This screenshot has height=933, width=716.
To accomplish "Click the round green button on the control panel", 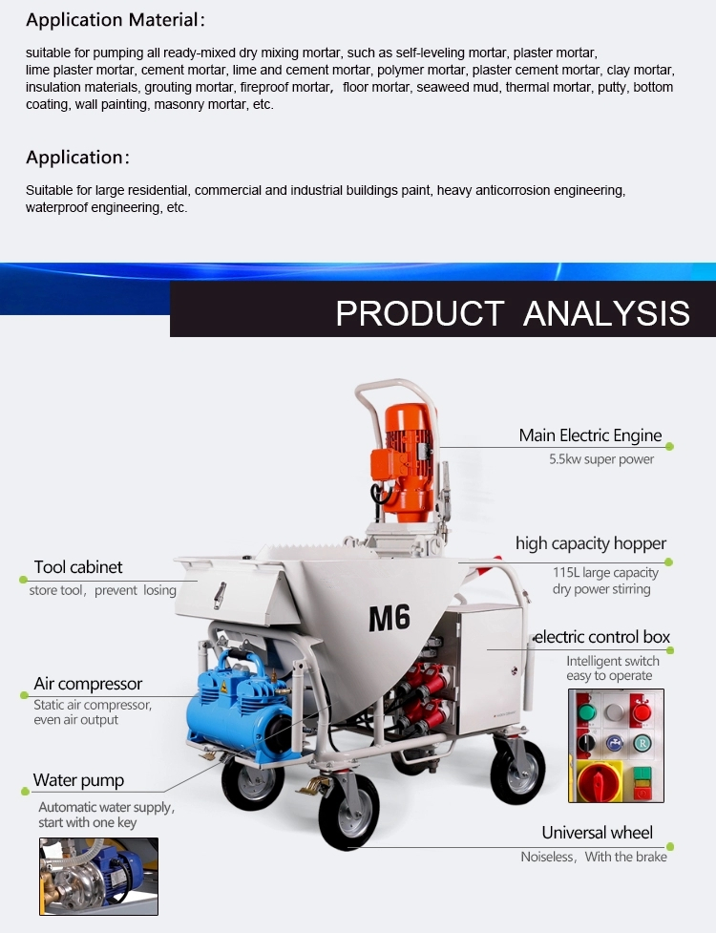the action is coord(587,712).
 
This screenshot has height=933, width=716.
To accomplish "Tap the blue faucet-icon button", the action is coord(614,743).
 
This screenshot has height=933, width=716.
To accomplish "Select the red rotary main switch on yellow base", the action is coord(600,780).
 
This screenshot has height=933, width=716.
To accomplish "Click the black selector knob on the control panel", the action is coord(586,743).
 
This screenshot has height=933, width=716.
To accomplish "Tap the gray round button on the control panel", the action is coord(614,711).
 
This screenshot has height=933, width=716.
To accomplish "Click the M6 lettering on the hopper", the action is coord(390,618).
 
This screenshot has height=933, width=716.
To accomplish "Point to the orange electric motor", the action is coord(405,461).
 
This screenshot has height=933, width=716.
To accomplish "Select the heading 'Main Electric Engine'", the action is coord(590,435).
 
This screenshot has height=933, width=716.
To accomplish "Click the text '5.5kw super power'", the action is coord(601,459).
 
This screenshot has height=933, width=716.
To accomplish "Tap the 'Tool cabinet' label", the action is coord(78,567).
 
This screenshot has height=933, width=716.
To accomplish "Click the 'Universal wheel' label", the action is coord(597,833).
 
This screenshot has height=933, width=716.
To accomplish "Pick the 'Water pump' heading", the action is coord(78,780).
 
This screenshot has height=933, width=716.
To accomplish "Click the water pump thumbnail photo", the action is coord(98,877).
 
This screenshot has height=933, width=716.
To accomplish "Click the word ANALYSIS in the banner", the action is coord(606,313).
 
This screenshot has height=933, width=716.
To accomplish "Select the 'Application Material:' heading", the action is coord(116,20).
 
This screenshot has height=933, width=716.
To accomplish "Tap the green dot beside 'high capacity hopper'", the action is coord(668,562).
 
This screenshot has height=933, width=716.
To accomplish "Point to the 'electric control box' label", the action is coord(602,637).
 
